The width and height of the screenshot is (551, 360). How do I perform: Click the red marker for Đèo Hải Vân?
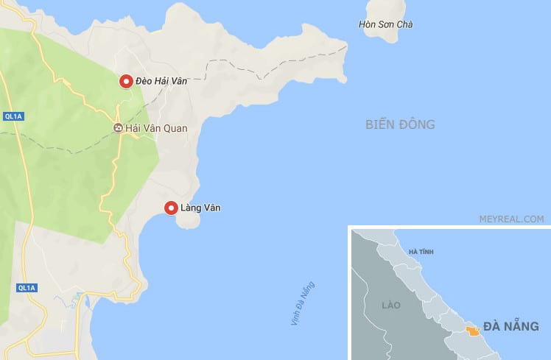click(127, 82)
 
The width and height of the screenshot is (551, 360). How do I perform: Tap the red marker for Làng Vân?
click(171, 208)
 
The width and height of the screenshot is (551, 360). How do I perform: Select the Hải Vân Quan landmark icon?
click(118, 128)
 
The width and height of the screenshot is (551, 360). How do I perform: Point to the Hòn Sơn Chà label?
click(385, 25)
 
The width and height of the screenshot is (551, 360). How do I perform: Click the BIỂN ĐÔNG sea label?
click(400, 124)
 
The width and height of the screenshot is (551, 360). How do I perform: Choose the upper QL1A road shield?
click(14, 116)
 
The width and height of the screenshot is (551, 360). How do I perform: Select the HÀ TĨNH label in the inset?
click(421, 253)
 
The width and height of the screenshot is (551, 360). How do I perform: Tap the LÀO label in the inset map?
click(390, 304)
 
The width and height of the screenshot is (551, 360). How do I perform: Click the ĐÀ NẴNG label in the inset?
click(511, 326)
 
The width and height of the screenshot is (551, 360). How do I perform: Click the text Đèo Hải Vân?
click(161, 82)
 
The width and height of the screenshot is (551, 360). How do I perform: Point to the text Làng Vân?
click(200, 208)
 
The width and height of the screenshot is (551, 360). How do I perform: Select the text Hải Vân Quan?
click(156, 128)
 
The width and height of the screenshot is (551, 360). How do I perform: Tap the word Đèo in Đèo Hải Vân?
click(145, 82)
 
